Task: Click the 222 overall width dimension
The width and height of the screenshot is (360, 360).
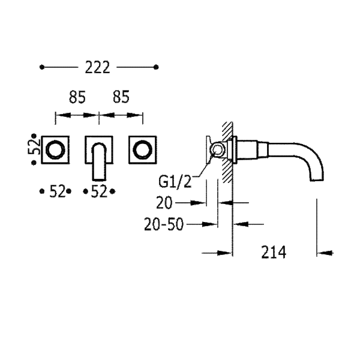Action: pos(98,67)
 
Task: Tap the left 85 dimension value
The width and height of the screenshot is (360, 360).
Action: pos(77,97)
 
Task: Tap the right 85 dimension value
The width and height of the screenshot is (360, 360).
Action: pos(121,97)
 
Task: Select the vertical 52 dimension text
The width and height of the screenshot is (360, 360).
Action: pos(34,147)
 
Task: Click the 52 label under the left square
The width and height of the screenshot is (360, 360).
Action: pos(58,191)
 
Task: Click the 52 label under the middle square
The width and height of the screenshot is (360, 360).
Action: pos(99,191)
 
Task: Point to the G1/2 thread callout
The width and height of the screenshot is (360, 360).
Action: pos(175,182)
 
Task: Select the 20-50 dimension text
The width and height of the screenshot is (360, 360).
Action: pos(164,224)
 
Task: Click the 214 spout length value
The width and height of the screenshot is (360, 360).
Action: pos(274,252)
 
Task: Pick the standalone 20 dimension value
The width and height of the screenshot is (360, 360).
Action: pos(164,203)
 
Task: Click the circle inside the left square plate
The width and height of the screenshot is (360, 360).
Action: pos(55,149)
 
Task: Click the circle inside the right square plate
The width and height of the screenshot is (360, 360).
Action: pos(143,149)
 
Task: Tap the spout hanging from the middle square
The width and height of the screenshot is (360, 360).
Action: pos(99,161)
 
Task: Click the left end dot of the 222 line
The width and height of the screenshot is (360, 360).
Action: pos(42,67)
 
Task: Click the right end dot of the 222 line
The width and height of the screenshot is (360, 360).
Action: pos(156,67)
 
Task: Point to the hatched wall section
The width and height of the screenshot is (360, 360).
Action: pos(227,152)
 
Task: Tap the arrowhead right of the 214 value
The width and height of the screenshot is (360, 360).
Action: pos(325,253)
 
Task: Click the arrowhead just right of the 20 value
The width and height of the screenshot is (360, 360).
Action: pos(197,203)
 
